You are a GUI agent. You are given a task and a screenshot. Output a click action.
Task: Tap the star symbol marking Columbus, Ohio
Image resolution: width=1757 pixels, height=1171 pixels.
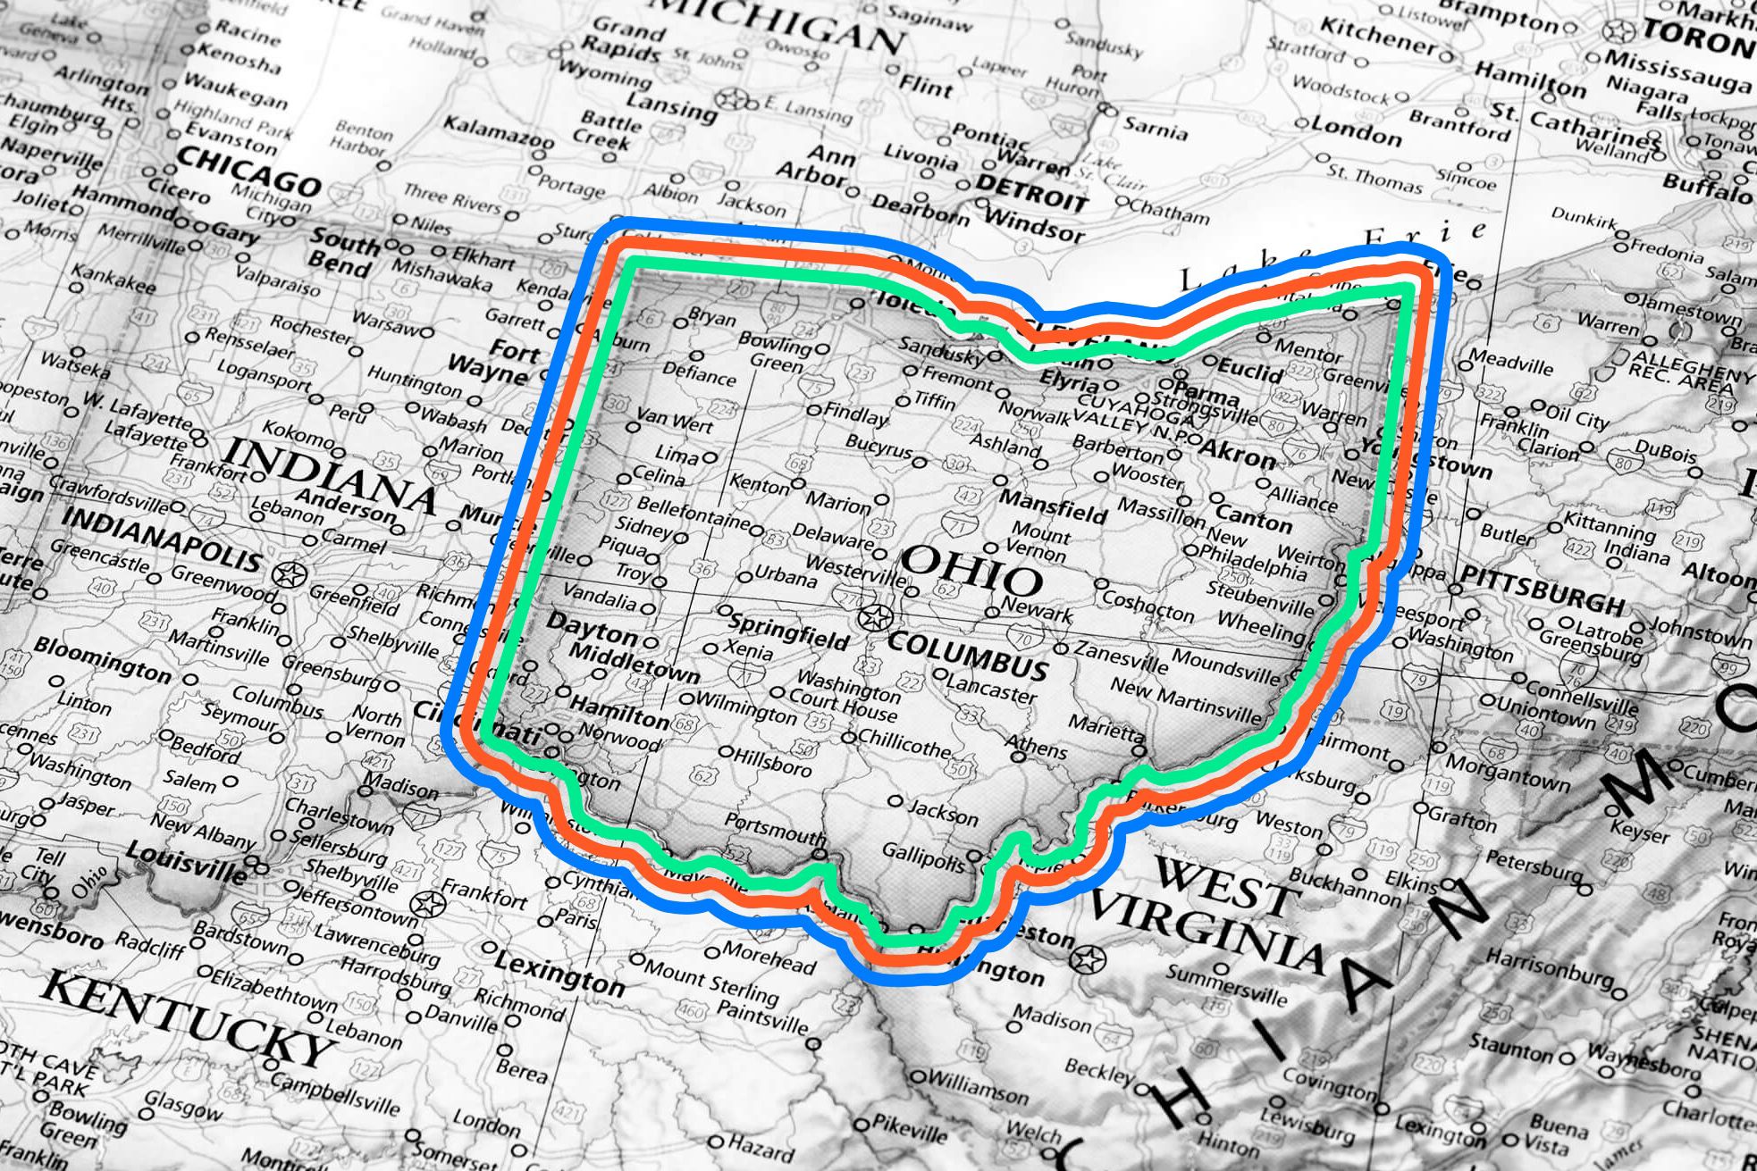click(875, 616)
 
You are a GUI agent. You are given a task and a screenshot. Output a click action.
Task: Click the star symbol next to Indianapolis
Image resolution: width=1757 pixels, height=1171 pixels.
click(289, 574)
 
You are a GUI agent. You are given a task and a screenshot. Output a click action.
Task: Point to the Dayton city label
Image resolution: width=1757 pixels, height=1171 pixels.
click(592, 628)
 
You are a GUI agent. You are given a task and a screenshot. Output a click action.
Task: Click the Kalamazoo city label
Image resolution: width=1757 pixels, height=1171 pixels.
click(499, 132)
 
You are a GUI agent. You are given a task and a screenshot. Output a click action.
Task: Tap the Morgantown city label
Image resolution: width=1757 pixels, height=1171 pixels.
click(1508, 772)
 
